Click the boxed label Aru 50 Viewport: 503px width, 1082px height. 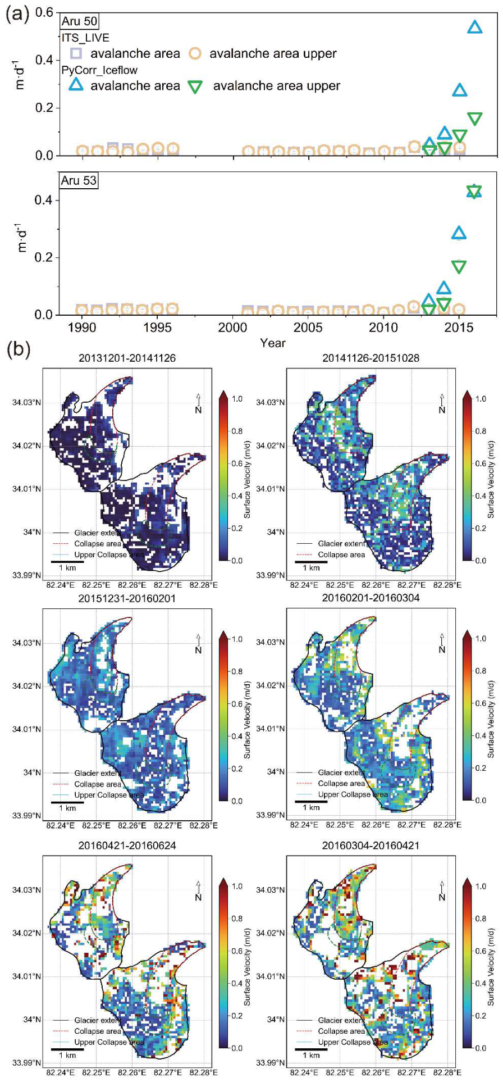coord(79,21)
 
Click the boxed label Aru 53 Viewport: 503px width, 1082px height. coord(79,181)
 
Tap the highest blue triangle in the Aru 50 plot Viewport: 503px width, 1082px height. coord(475,26)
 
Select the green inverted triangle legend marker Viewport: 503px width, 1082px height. coord(195,86)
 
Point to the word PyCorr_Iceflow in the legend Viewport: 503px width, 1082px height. coord(99,70)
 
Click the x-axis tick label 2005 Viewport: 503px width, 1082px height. coord(308,327)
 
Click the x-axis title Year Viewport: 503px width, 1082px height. coord(273,342)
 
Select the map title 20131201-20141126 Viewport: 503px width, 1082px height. coord(127,358)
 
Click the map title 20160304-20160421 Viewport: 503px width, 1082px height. coord(371,845)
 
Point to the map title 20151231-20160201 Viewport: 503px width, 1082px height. coord(127,598)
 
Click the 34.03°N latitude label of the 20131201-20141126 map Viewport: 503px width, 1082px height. coord(26,402)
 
